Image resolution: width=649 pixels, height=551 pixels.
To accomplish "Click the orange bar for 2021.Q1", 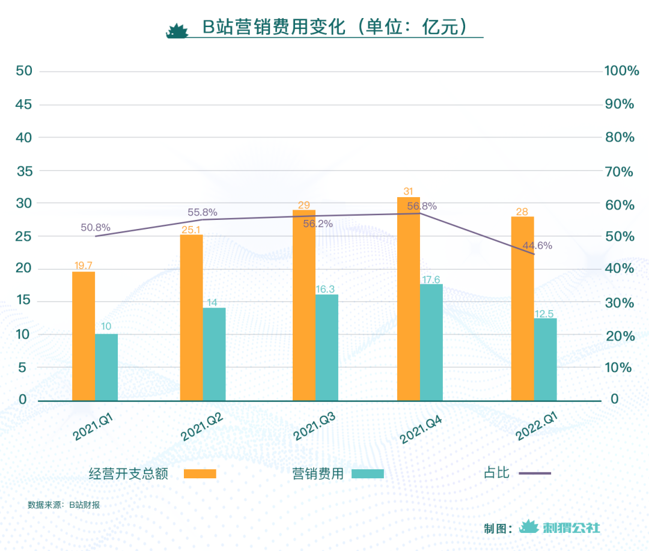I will click(x=84, y=336).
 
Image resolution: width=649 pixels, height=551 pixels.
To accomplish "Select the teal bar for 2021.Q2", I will click(x=214, y=354).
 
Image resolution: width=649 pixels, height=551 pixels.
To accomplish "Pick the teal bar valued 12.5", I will click(x=545, y=359).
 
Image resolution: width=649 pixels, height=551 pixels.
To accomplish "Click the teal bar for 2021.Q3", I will click(x=327, y=347).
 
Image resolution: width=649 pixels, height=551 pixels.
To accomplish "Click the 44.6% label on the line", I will click(x=537, y=245).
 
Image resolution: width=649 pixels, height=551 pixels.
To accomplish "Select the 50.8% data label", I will click(x=96, y=228).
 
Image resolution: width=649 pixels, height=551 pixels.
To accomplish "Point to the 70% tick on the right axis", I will click(x=619, y=172).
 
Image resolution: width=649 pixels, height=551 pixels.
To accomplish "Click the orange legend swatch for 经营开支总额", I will click(x=200, y=473).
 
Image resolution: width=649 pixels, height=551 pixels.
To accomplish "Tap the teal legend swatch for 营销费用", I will click(x=367, y=473).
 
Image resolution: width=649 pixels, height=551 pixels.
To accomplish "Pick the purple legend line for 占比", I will click(x=535, y=473).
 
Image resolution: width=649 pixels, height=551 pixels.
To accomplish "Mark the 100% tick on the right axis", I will click(x=621, y=72).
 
